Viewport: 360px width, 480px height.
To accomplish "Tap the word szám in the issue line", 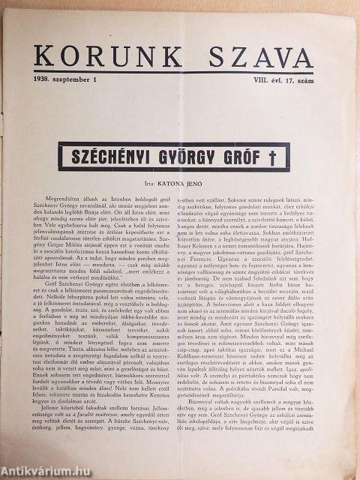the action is pos(303,77).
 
